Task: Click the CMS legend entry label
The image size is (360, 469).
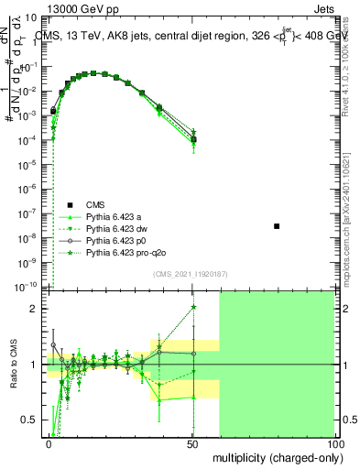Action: point(96,204)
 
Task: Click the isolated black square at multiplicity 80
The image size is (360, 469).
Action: point(278,225)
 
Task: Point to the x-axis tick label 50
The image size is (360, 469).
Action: point(192,442)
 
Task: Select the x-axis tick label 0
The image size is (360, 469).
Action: point(49,442)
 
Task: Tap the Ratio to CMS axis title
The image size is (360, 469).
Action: point(14,364)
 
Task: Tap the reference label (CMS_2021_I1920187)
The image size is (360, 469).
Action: point(190,275)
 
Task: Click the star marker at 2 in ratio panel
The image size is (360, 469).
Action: point(193,308)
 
